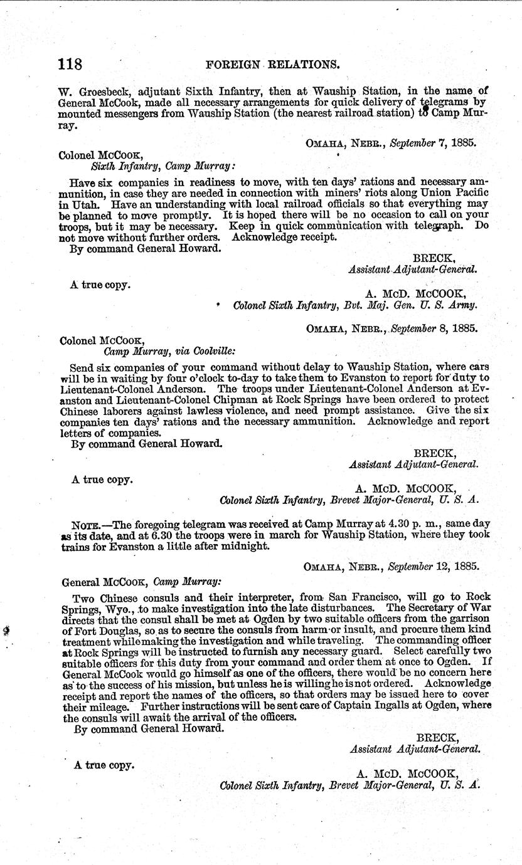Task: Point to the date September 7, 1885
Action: coord(432,142)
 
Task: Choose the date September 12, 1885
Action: coord(432,566)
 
